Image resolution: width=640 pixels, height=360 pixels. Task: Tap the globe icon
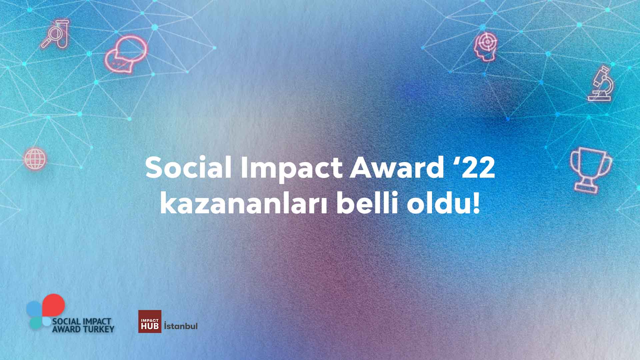(35, 158)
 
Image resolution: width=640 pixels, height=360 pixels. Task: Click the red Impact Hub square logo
(150, 321)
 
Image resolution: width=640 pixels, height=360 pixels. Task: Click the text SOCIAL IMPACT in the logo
(81, 322)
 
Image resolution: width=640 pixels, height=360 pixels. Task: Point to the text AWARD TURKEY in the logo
(83, 329)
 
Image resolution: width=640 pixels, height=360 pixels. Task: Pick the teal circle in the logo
(36, 323)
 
